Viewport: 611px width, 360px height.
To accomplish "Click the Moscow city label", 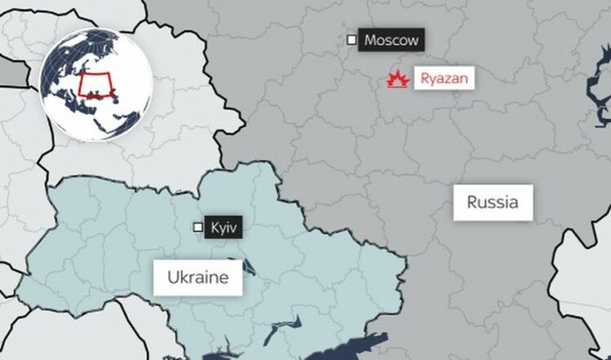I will tap(391, 40).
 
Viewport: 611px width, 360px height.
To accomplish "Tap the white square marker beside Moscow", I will tap(351, 39).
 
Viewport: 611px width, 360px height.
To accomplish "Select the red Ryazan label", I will tap(443, 79).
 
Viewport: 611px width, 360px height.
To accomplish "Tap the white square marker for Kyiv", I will tap(197, 227).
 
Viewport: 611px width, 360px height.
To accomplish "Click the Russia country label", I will tap(492, 201).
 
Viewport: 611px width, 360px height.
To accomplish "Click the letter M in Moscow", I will tap(371, 40).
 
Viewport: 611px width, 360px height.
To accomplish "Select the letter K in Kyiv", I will tap(213, 227).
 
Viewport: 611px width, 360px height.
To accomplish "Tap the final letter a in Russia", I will tap(513, 201).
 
